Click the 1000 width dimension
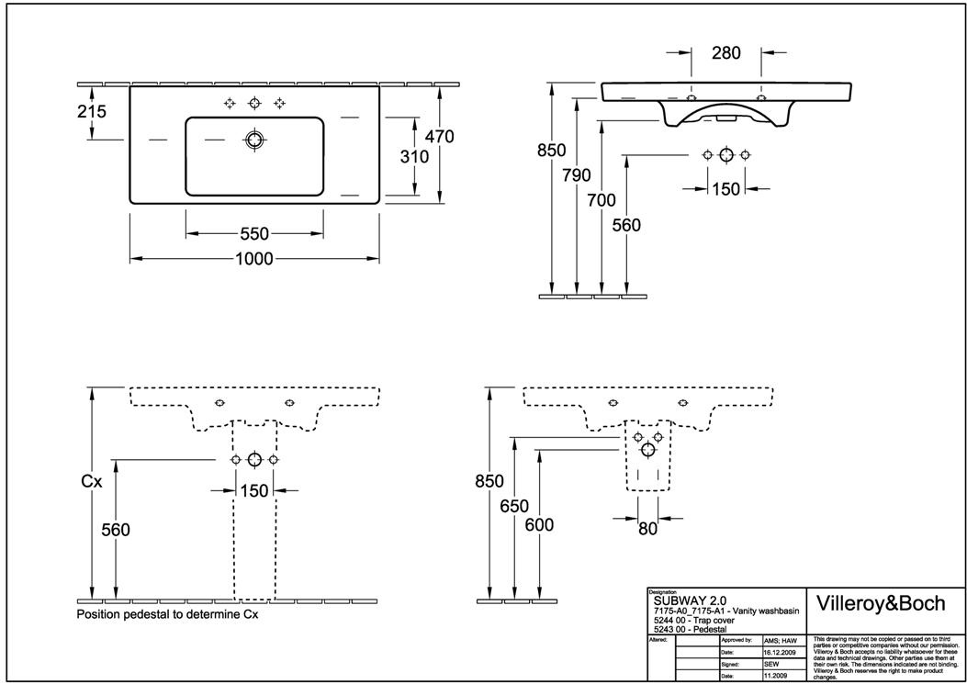pyautogui.click(x=253, y=259)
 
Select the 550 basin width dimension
pyautogui.click(x=254, y=234)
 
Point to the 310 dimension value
pyautogui.click(x=414, y=157)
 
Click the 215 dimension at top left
pyautogui.click(x=92, y=112)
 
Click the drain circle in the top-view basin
pyautogui.click(x=254, y=140)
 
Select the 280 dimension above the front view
pyautogui.click(x=725, y=53)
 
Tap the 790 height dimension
pyautogui.click(x=576, y=175)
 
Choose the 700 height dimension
pyautogui.click(x=602, y=199)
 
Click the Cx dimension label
pyautogui.click(x=91, y=480)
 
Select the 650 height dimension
pyautogui.click(x=514, y=505)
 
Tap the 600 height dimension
pyautogui.click(x=538, y=524)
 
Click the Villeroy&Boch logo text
pyautogui.click(x=880, y=603)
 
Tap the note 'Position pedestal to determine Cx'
pyautogui.click(x=167, y=614)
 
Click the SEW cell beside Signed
pyautogui.click(x=771, y=663)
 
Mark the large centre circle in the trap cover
pyautogui.click(x=648, y=449)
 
